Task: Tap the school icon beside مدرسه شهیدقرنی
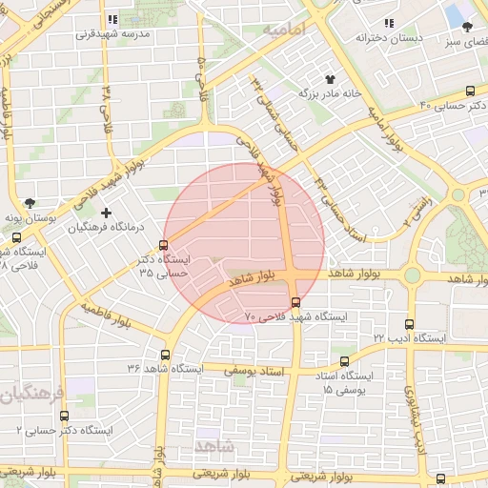point(113,18)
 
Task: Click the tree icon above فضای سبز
point(467,27)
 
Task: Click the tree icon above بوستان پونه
point(31,202)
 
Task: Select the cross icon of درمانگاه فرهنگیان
point(106,212)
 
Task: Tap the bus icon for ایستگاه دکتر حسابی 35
point(164,245)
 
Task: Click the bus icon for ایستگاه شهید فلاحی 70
point(295,301)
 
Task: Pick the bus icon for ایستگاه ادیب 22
point(410,324)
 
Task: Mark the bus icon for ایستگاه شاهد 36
point(166,354)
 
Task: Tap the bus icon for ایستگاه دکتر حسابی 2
point(64,416)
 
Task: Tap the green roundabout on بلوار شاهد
point(412,275)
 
